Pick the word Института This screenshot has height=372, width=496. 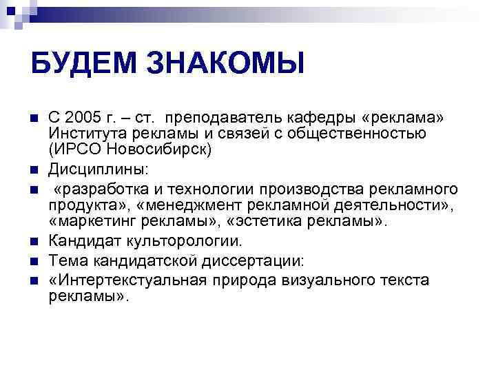(85, 133)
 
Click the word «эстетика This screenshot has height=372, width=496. (266, 221)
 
